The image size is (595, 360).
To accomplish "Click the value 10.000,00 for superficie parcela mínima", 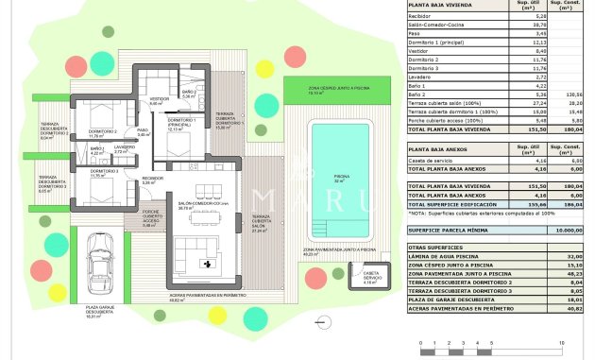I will pos(567,230).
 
